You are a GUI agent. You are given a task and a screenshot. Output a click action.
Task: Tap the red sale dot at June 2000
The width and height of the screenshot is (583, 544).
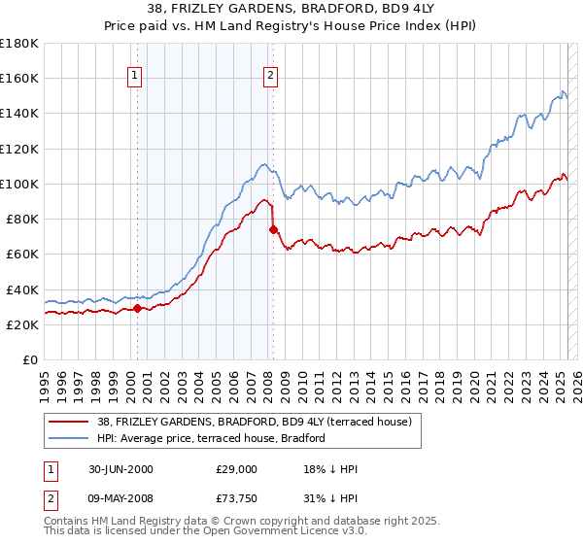tap(137, 308)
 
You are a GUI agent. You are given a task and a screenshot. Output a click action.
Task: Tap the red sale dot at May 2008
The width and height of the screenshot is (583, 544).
tap(273, 229)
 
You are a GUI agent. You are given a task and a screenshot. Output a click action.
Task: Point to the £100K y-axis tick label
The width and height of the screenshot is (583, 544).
tap(19, 184)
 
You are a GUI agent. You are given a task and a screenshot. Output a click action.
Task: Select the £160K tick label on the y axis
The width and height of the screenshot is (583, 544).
tap(19, 78)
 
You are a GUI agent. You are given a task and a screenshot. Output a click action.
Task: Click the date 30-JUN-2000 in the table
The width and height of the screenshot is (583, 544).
tap(119, 469)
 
